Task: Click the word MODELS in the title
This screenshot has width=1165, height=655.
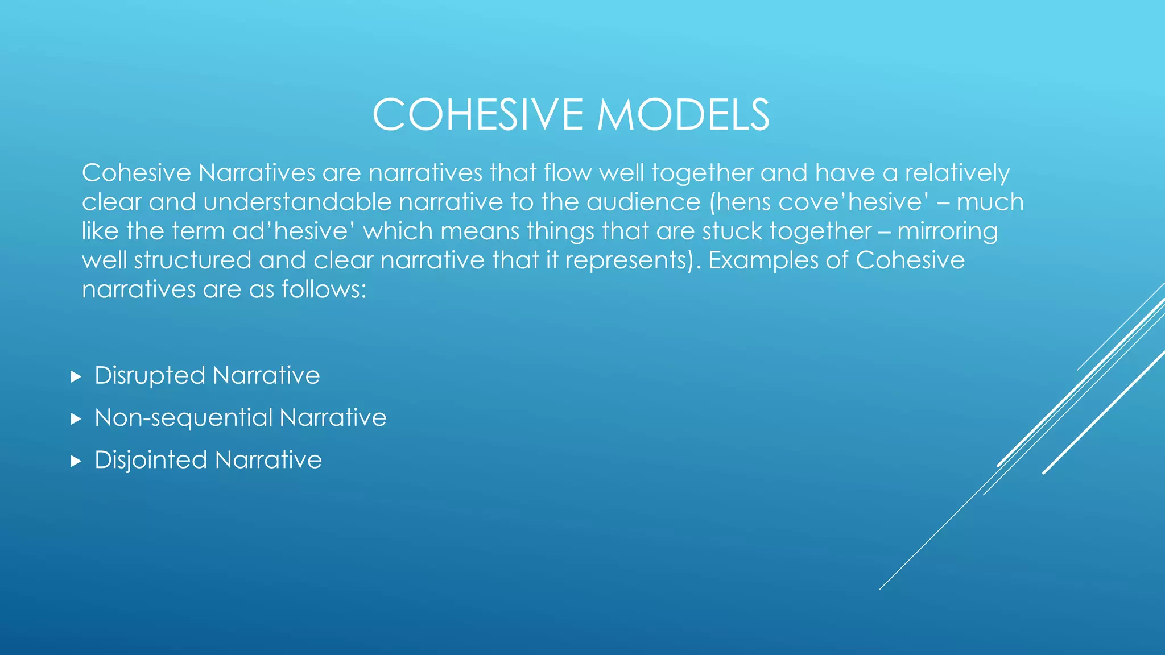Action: click(x=683, y=115)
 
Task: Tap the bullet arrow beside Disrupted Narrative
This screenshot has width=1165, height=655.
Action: click(x=76, y=376)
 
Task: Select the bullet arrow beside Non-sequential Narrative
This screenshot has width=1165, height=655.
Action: click(x=76, y=419)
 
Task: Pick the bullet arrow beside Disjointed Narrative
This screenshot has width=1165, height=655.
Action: click(x=76, y=461)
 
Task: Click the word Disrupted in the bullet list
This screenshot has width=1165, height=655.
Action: click(x=150, y=376)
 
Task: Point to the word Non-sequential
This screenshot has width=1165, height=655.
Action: click(x=183, y=418)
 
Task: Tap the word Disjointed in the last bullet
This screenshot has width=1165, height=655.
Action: click(x=150, y=460)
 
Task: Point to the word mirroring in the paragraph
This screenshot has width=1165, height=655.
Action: click(x=948, y=231)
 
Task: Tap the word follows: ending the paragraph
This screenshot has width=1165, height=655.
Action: click(x=324, y=289)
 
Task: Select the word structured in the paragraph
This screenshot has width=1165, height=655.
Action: click(x=193, y=260)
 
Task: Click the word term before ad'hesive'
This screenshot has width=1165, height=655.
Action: click(x=199, y=231)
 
